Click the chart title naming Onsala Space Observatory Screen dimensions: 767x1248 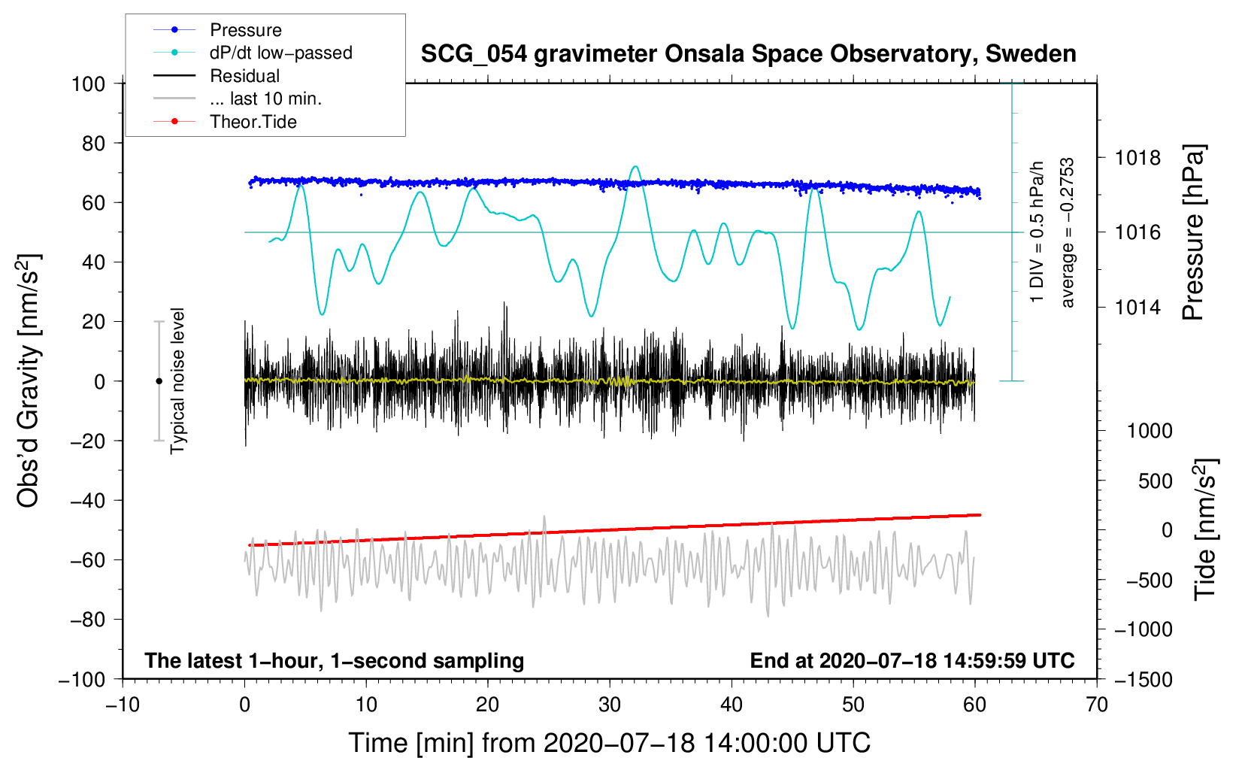click(748, 54)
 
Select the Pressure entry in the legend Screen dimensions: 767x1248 click(245, 30)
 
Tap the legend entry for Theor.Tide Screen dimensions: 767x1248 click(253, 122)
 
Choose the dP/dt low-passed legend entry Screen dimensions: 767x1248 click(280, 53)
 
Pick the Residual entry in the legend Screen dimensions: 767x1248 click(244, 76)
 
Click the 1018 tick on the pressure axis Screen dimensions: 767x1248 click(1137, 158)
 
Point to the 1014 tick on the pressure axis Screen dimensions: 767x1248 click(1137, 307)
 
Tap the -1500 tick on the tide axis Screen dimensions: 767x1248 click(1143, 679)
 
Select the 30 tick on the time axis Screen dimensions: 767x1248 click(610, 705)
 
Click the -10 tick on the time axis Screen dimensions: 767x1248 click(123, 705)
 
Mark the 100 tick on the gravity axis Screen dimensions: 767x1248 click(88, 83)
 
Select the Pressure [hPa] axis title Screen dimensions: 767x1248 click(1194, 233)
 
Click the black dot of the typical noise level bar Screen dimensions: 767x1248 click(159, 381)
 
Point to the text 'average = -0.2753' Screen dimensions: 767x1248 click(1068, 233)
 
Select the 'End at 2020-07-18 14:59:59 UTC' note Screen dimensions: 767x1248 click(912, 660)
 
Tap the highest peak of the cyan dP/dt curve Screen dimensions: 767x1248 click(636, 166)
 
